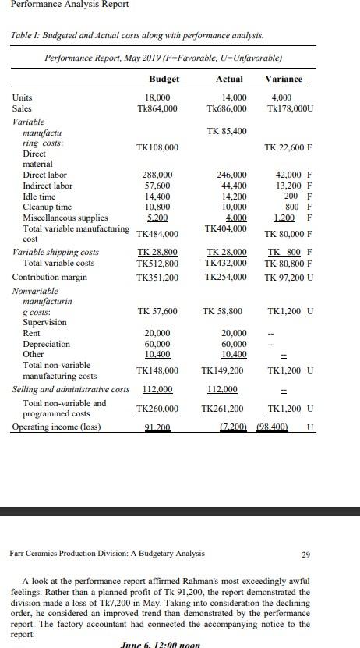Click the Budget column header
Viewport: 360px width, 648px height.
pos(164,79)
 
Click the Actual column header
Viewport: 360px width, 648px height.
pos(228,79)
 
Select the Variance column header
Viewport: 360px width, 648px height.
pos(284,79)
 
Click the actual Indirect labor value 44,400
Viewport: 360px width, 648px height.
pos(233,186)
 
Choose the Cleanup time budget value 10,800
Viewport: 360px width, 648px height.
pos(158,207)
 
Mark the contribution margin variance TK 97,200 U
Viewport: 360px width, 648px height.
pos(289,278)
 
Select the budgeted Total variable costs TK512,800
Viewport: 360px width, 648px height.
pos(157,264)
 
